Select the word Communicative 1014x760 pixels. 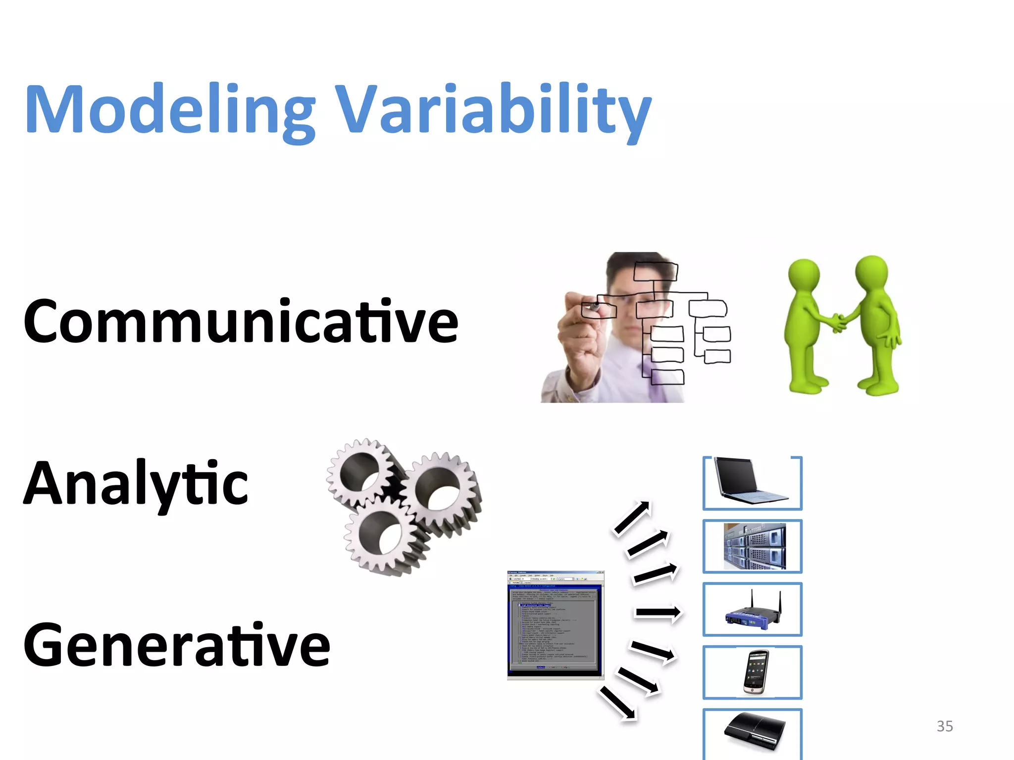[241, 322]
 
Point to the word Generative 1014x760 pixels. [176, 645]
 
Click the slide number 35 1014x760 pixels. [945, 726]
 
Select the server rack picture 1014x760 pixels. [754, 546]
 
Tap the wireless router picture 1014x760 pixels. [753, 611]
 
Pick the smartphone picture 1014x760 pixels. [756, 672]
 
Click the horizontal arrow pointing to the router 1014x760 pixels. [658, 613]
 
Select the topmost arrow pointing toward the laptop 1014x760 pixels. [632, 518]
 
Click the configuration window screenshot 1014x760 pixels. [555, 625]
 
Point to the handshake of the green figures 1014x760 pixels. [838, 322]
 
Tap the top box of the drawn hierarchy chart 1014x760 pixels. [655, 271]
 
